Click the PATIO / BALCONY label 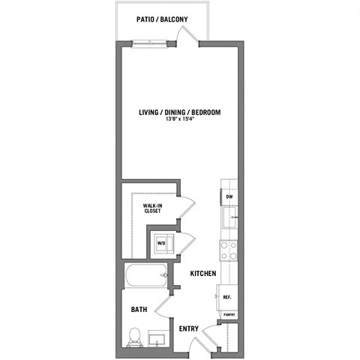click(x=162, y=19)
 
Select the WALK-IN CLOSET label click(x=154, y=207)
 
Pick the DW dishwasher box click(x=229, y=199)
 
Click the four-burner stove click(x=228, y=250)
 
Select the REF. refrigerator click(x=227, y=297)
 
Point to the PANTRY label click(x=229, y=315)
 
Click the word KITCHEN click(x=202, y=274)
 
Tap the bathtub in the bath click(x=146, y=278)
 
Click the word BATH click(x=138, y=309)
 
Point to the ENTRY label click(x=187, y=328)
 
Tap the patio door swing click(x=192, y=36)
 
